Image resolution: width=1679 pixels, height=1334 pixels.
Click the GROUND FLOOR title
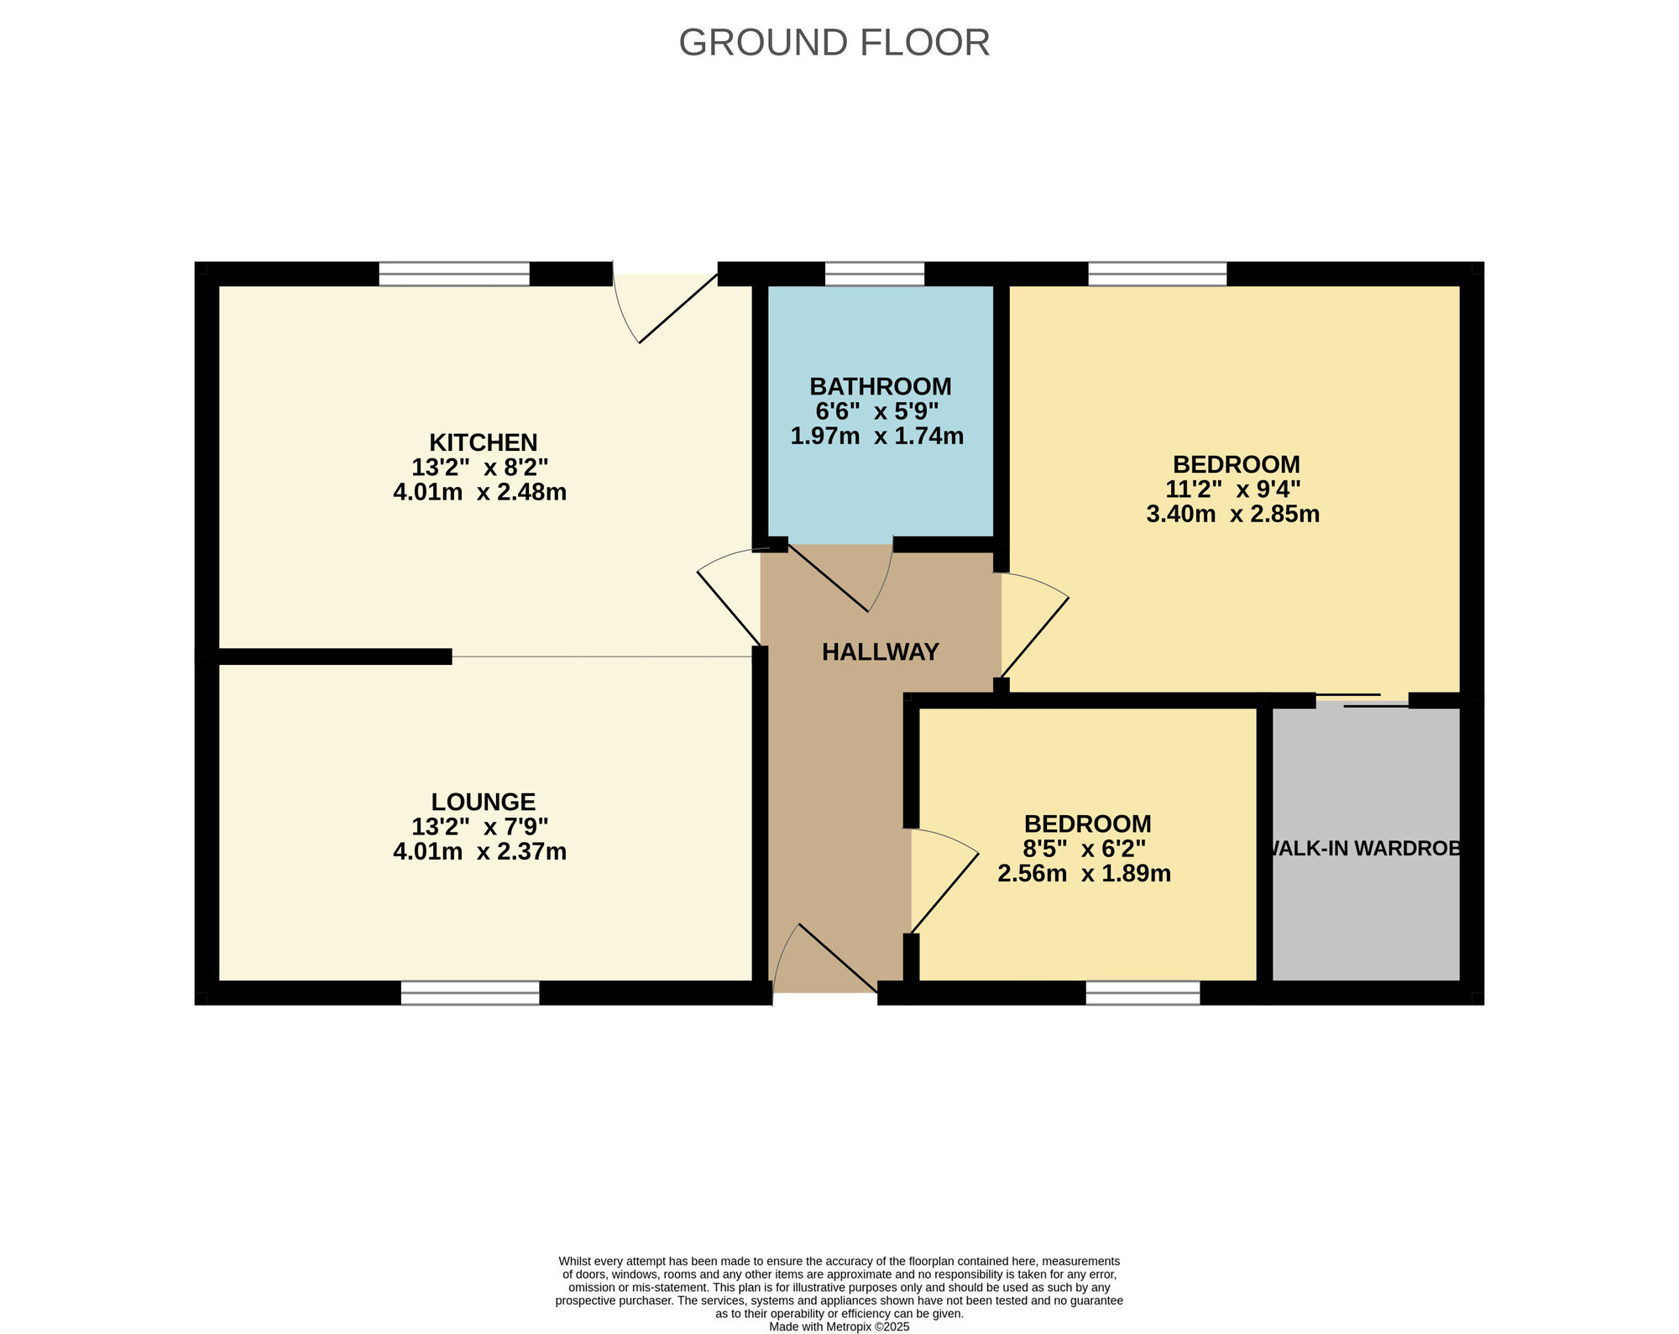click(x=834, y=43)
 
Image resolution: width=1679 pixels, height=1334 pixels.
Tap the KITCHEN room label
click(x=483, y=442)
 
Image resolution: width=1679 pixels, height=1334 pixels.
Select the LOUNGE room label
click(x=483, y=802)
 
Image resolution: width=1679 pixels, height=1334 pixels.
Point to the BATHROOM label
click(x=880, y=387)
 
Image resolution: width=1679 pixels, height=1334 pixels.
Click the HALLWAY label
click(x=880, y=652)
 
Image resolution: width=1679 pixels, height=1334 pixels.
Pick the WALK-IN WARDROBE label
click(x=1366, y=849)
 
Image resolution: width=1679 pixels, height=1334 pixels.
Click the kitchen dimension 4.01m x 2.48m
click(x=479, y=492)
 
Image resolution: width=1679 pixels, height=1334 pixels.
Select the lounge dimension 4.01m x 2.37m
click(x=479, y=852)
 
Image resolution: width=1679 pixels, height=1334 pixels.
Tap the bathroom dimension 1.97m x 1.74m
click(x=876, y=437)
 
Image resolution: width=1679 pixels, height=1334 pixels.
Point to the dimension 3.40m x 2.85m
click(x=1232, y=514)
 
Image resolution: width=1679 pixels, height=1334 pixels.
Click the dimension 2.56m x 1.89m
click(x=1084, y=874)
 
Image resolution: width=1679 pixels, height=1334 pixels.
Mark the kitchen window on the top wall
click(x=454, y=274)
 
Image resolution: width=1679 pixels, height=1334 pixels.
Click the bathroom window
click(x=874, y=274)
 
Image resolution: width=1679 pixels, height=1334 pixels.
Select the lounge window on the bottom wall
click(x=470, y=993)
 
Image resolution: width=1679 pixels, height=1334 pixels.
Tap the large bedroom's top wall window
click(x=1158, y=274)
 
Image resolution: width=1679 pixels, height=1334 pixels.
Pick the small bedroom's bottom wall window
click(x=1143, y=993)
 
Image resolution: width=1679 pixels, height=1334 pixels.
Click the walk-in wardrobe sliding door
click(x=1362, y=701)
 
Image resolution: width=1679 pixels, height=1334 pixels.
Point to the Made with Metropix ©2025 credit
click(x=839, y=1327)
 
